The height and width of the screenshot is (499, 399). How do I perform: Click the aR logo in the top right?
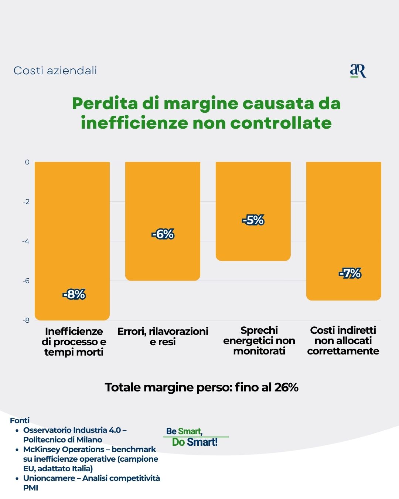[358, 71]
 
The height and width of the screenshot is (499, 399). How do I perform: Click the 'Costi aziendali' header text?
[55, 71]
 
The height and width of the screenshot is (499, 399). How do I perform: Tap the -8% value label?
[74, 295]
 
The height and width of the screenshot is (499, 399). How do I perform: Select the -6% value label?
[163, 234]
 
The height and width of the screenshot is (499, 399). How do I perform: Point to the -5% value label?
[253, 220]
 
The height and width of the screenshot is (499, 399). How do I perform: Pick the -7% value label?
[350, 274]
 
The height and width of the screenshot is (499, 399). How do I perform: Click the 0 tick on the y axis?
[27, 162]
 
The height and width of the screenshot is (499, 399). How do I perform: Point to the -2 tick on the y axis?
[26, 202]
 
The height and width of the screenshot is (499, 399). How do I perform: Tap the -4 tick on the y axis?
[26, 241]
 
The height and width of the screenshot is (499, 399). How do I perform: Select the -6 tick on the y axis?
[26, 281]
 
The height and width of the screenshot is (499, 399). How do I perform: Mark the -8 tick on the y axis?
[26, 320]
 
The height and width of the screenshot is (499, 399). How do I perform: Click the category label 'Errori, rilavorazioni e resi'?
[163, 336]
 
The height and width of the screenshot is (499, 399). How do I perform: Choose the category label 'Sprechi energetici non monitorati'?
[259, 340]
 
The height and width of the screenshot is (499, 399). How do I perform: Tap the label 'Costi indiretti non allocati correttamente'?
[343, 340]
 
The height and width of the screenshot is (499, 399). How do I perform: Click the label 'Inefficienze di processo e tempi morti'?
[74, 342]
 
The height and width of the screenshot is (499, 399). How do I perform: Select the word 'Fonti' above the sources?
[20, 421]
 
